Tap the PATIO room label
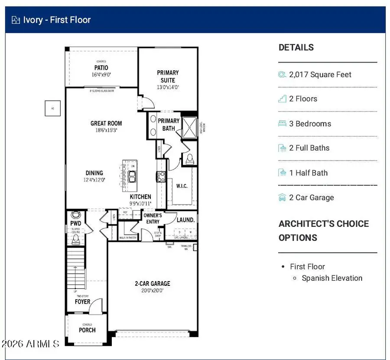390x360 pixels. click(101, 68)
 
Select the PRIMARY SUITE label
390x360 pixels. click(168, 76)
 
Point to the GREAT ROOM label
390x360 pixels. click(106, 124)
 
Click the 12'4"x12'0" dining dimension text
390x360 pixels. click(94, 180)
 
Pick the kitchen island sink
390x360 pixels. click(132, 176)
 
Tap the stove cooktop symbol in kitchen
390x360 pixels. click(160, 176)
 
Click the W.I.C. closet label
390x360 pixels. click(182, 186)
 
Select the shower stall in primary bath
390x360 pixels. click(188, 127)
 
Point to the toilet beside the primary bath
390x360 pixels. click(189, 159)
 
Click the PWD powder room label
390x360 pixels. click(76, 223)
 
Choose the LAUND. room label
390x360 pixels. click(185, 220)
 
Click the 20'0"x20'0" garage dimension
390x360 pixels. click(152, 291)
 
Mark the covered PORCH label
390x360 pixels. click(87, 330)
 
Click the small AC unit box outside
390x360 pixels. click(52, 108)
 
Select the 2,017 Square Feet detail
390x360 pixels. click(320, 75)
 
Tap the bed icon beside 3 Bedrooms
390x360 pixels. click(282, 124)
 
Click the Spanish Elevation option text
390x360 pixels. click(332, 278)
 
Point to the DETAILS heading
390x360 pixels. click(296, 48)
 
